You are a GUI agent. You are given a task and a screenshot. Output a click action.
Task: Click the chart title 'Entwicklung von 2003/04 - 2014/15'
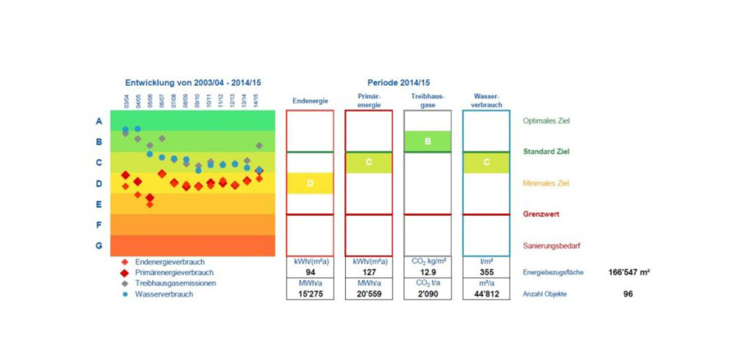(x=193, y=83)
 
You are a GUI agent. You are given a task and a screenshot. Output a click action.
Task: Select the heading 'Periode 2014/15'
(x=399, y=83)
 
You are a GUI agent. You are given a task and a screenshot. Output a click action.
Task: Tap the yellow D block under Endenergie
(x=310, y=183)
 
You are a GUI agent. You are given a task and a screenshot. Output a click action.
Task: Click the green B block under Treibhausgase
(x=428, y=141)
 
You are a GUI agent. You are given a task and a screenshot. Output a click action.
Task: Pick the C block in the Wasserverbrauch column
(x=486, y=163)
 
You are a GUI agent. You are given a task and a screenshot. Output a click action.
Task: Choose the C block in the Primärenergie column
(x=369, y=163)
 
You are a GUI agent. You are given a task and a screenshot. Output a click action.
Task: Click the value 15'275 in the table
(x=310, y=294)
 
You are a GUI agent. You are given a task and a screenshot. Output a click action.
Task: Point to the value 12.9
(x=428, y=273)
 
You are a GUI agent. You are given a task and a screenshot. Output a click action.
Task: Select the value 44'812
(x=486, y=294)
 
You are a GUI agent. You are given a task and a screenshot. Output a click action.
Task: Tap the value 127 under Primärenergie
(x=369, y=273)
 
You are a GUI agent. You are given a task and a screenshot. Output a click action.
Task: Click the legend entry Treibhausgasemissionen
(x=175, y=283)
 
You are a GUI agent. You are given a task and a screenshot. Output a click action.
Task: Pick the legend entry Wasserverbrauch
(x=164, y=294)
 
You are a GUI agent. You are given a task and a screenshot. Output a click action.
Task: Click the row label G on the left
(x=98, y=246)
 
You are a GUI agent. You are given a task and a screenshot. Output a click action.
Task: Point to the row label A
(x=98, y=121)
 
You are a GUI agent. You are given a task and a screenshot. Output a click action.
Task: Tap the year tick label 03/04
(x=126, y=101)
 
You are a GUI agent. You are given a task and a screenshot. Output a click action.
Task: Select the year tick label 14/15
(x=256, y=101)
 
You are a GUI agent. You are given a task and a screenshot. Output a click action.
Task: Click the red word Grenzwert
(x=541, y=214)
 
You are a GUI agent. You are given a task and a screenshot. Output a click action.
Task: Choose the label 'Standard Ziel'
(x=546, y=151)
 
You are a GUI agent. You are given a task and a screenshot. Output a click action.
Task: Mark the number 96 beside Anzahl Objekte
(x=628, y=294)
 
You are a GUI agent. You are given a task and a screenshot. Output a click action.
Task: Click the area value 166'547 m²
(x=629, y=273)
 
